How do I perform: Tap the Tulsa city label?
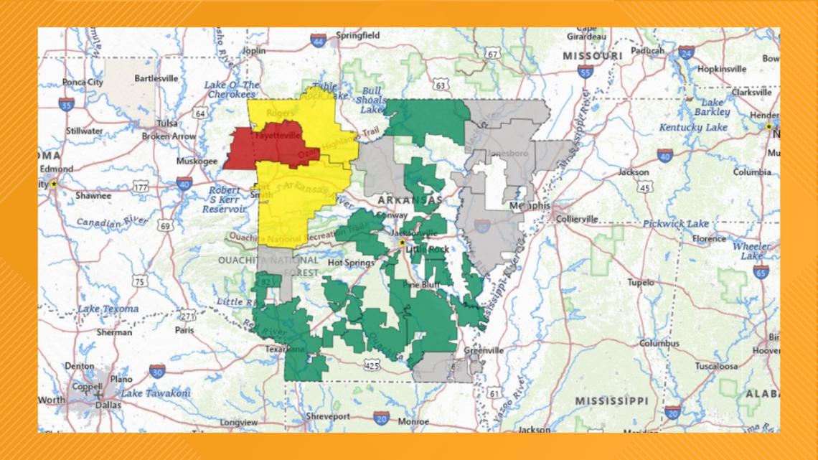click(x=166, y=123)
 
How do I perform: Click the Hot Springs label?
click(x=350, y=263)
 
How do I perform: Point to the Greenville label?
click(x=483, y=351)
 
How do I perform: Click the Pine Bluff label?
click(x=420, y=284)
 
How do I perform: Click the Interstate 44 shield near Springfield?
click(x=319, y=41)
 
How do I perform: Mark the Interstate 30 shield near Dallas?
click(x=157, y=370)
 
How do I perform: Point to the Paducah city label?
click(x=648, y=50)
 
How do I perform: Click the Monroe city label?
click(x=414, y=421)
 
